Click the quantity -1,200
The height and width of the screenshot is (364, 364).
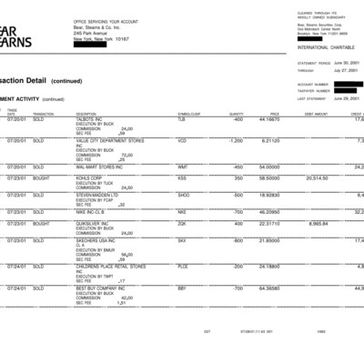pyautogui.click(x=234, y=141)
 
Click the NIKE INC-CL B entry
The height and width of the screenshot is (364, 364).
pyautogui.click(x=93, y=211)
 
